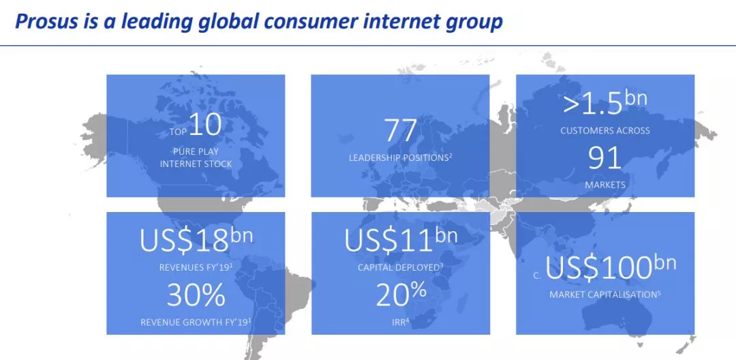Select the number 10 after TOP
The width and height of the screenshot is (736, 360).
click(x=206, y=124)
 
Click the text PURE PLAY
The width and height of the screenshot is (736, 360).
click(x=196, y=151)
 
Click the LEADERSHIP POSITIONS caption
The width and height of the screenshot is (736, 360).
click(x=401, y=157)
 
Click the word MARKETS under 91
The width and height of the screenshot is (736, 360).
click(x=605, y=185)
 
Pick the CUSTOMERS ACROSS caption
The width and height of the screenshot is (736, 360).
click(x=605, y=130)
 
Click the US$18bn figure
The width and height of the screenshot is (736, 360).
click(x=196, y=239)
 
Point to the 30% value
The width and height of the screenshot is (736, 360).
click(x=196, y=295)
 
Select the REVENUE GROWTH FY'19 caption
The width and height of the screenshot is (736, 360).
click(x=196, y=322)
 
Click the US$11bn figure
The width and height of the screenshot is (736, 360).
click(x=401, y=239)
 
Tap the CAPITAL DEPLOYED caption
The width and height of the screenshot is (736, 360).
click(x=401, y=267)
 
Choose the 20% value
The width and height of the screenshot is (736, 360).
click(x=401, y=295)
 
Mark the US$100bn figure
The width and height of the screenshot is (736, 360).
click(x=610, y=267)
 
